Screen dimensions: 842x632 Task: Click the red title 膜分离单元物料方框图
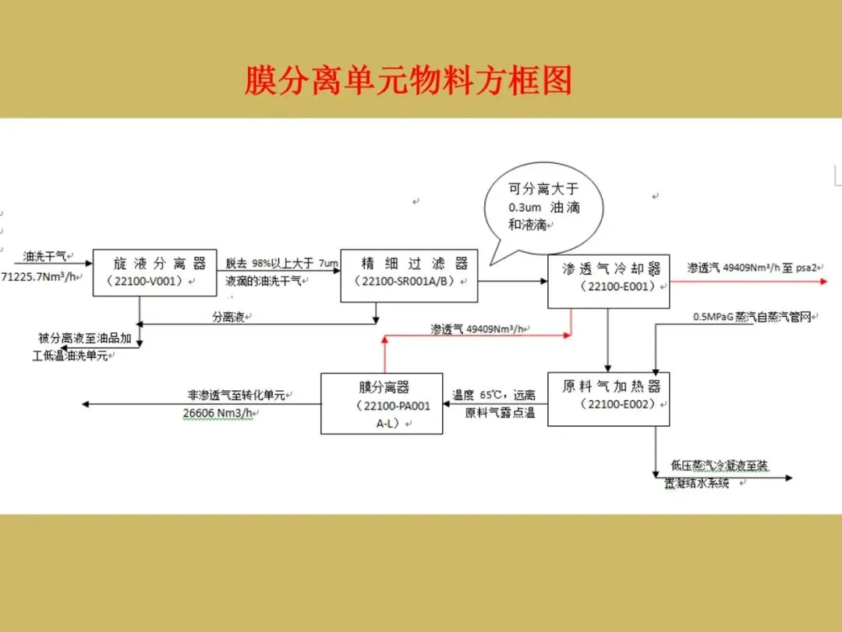pos(408,80)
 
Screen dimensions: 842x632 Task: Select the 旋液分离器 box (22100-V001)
pos(154,272)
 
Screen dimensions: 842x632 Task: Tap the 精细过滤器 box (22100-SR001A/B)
pos(409,272)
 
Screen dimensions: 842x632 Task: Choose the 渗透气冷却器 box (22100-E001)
pos(608,278)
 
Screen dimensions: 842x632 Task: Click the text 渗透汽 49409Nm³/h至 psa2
pos(752,268)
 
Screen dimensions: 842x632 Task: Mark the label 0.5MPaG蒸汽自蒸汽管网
pos(752,317)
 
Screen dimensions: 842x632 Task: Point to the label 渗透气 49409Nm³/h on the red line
pos(477,329)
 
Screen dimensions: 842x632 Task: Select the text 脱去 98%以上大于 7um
pos(281,263)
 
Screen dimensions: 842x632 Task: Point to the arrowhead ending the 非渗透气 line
pos(86,403)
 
